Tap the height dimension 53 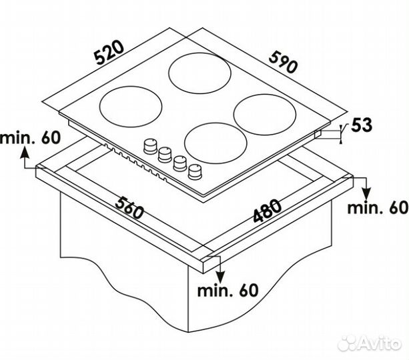click(x=361, y=125)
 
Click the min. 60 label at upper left click(x=30, y=138)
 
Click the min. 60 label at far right click(x=378, y=208)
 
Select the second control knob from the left click(x=165, y=155)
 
